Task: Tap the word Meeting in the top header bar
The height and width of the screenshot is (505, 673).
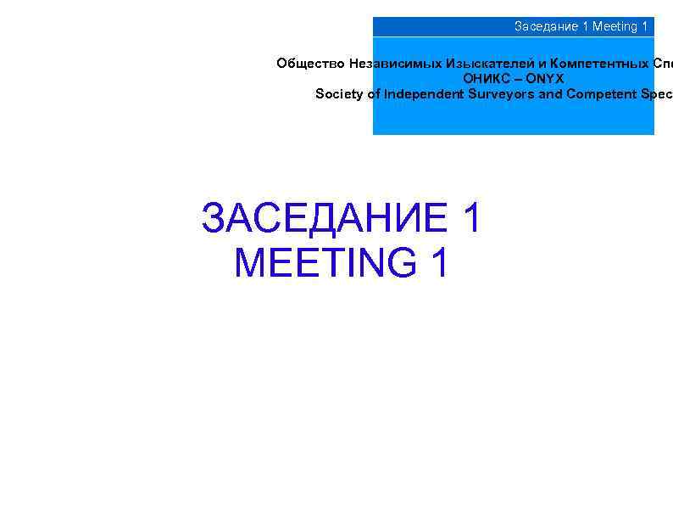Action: [615, 26]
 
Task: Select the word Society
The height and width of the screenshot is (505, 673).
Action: [340, 94]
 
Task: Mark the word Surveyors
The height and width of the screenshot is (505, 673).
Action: [502, 94]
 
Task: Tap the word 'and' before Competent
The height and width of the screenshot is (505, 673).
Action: [551, 94]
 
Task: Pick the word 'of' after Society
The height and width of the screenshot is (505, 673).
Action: [374, 94]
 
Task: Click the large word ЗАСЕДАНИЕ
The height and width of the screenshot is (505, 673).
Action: [325, 218]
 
